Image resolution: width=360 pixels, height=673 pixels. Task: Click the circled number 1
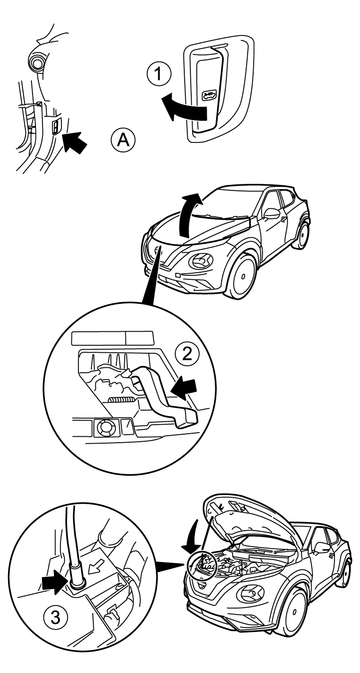tap(159, 75)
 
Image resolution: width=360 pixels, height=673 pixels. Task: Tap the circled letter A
tap(123, 140)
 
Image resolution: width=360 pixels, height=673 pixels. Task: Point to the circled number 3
tap(56, 618)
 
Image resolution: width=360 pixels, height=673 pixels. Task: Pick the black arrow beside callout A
tap(74, 142)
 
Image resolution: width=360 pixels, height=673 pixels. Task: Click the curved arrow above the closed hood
tap(188, 214)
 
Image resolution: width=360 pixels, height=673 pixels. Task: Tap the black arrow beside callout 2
tap(183, 388)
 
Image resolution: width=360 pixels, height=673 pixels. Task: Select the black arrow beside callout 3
tap(54, 585)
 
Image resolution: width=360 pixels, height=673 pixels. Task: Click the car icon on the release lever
tap(209, 92)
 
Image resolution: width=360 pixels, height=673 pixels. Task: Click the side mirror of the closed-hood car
tap(272, 213)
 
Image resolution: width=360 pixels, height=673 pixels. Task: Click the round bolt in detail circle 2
tap(105, 428)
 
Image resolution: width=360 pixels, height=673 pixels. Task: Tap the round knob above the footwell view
tap(35, 61)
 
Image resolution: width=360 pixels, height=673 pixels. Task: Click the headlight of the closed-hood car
tap(200, 261)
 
